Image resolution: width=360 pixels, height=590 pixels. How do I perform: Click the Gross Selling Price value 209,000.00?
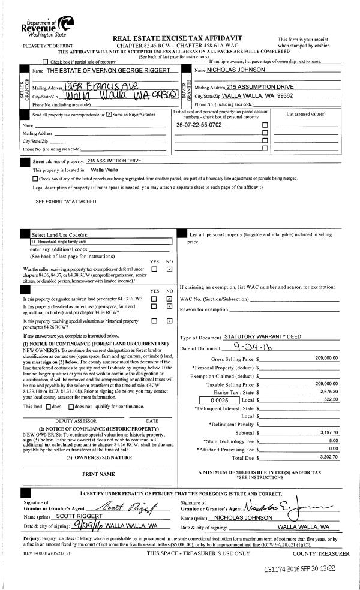326,358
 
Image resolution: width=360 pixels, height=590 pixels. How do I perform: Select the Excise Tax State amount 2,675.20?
328,390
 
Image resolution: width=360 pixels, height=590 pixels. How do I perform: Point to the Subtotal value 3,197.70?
328,432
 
